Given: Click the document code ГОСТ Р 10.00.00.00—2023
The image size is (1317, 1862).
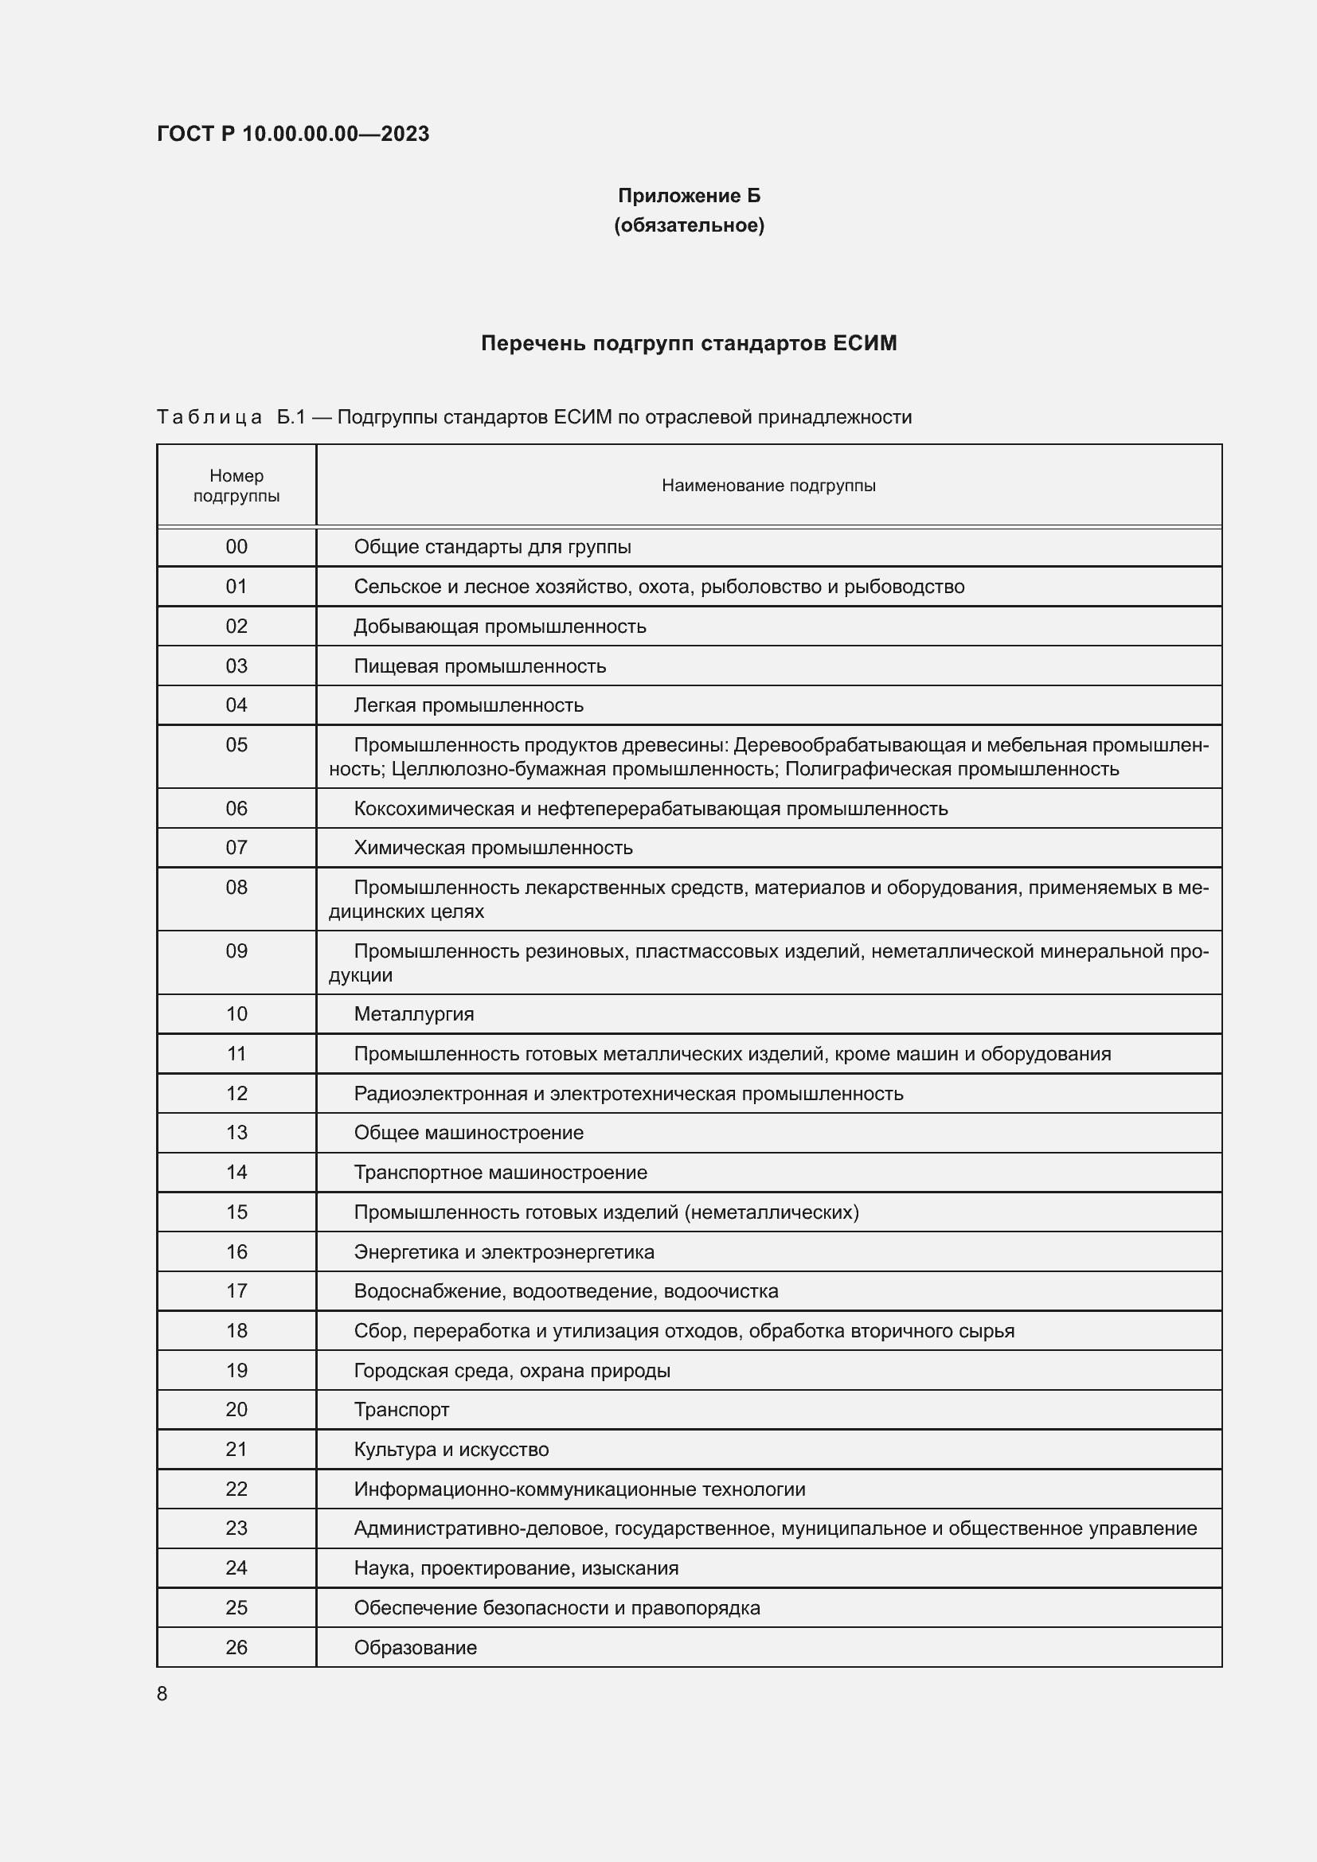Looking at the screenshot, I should click(x=293, y=134).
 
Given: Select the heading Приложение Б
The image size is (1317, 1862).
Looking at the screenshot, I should click(x=689, y=196).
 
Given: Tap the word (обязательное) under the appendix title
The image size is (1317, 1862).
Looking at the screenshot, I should click(x=689, y=224).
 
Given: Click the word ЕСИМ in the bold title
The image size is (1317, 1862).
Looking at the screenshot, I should click(x=864, y=343).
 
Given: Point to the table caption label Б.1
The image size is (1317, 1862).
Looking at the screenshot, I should click(x=291, y=417).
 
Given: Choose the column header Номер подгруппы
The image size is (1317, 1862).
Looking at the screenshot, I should click(x=236, y=486).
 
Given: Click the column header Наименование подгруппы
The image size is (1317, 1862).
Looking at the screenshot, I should click(x=768, y=486).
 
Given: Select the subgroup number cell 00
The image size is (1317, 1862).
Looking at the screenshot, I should click(x=236, y=547).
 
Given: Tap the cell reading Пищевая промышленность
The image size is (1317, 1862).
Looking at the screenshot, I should click(x=479, y=666).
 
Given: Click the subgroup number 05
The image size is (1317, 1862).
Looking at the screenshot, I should click(x=236, y=744).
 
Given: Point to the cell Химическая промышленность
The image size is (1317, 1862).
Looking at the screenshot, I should click(x=492, y=848).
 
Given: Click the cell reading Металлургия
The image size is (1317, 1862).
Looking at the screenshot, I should click(x=413, y=1013).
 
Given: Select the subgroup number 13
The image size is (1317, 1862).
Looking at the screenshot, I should click(x=236, y=1132).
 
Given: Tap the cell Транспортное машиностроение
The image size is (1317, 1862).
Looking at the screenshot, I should click(x=500, y=1172).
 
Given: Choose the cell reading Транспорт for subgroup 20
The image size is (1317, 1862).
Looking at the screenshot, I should click(x=401, y=1410).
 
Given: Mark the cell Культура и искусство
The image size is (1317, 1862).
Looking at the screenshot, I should click(x=451, y=1449).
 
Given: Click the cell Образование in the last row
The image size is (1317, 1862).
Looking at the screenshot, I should click(x=415, y=1647).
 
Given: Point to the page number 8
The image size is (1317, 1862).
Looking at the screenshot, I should click(x=162, y=1693).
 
